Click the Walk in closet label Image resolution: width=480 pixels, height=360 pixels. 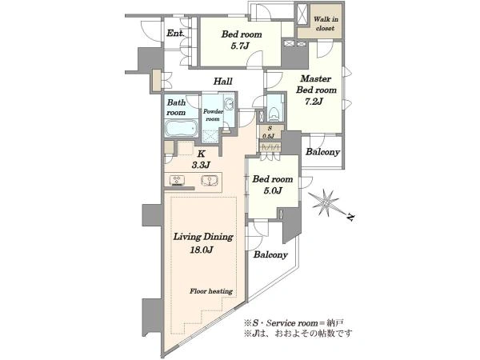pos(326,23)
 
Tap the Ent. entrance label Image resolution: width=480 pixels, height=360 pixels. pos(175,33)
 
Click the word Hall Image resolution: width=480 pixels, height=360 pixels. pos(223,82)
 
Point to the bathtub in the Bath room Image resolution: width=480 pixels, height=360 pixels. pos(181,128)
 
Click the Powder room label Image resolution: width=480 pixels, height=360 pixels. pos(213,115)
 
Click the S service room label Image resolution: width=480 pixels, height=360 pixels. pos(270,128)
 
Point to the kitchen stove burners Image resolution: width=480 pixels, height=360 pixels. pos(177,180)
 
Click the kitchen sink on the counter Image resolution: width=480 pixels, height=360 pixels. pos(210,180)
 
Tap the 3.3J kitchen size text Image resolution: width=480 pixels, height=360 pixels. pos(201,166)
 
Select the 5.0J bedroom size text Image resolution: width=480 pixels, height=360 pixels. pos(273,191)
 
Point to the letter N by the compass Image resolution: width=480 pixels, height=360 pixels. pos(351,218)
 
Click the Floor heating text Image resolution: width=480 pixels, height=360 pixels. pos(211,291)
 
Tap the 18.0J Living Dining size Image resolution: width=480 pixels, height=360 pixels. pos(201,250)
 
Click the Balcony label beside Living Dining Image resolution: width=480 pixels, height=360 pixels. pos(270,254)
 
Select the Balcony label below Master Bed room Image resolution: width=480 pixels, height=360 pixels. pos(322,152)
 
